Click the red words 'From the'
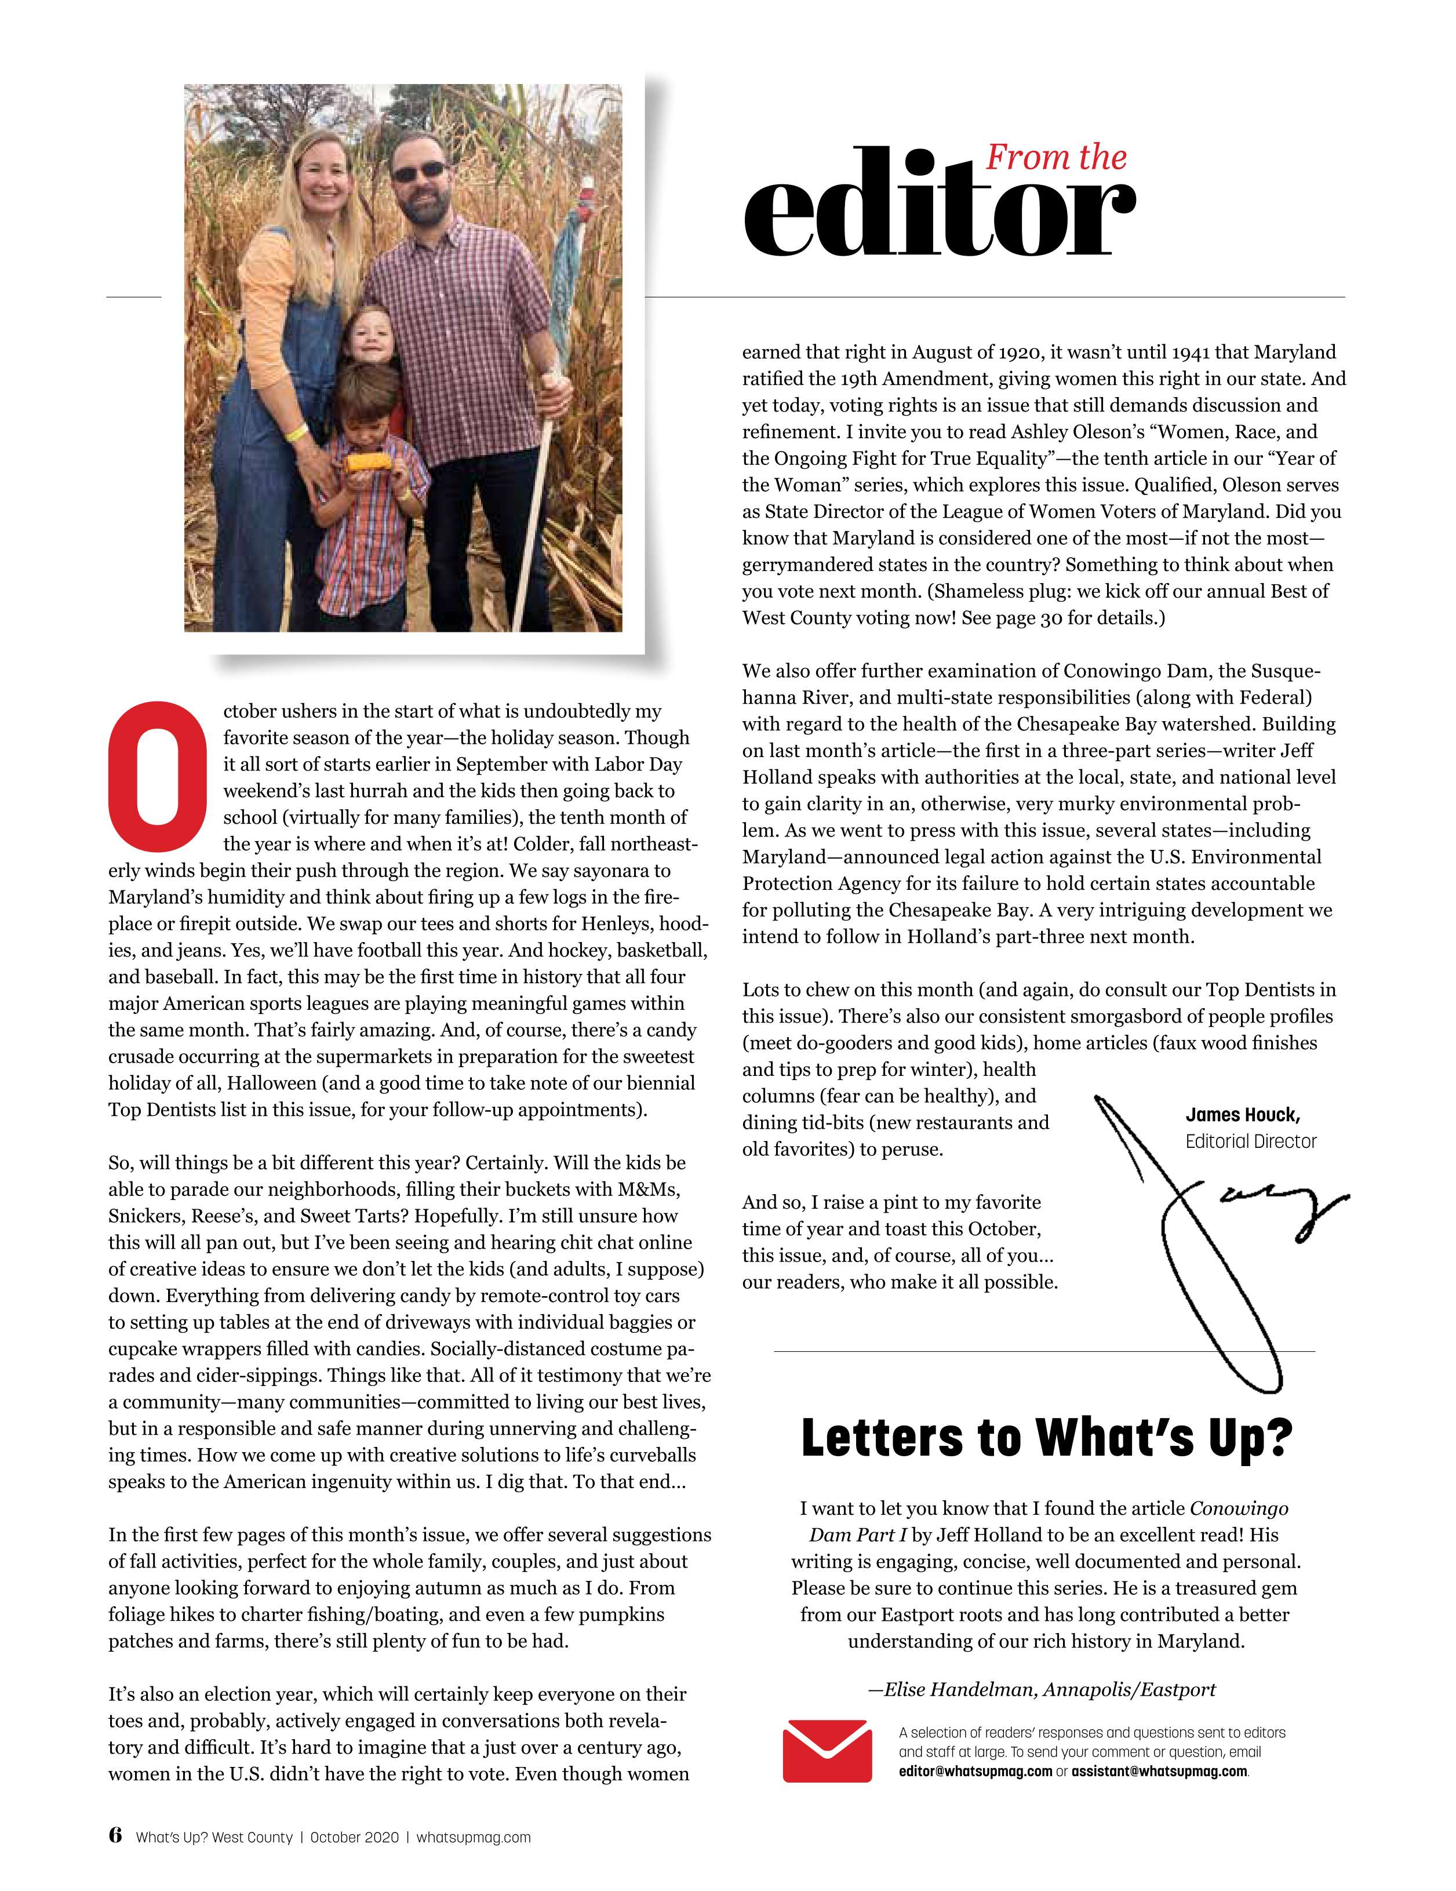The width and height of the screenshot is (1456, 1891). coord(1055,158)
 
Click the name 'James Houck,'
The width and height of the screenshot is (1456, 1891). coord(1242,1114)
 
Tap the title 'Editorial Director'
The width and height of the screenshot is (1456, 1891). coord(1250,1141)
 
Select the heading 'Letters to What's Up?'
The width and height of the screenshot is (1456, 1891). coord(1046,1438)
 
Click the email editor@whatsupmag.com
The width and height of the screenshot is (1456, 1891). coord(975,1770)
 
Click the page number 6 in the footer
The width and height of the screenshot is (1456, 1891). coord(115,1835)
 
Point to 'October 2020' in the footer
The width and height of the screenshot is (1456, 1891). coord(354,1837)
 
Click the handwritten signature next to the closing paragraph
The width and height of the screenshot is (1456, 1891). coord(1221,1230)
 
